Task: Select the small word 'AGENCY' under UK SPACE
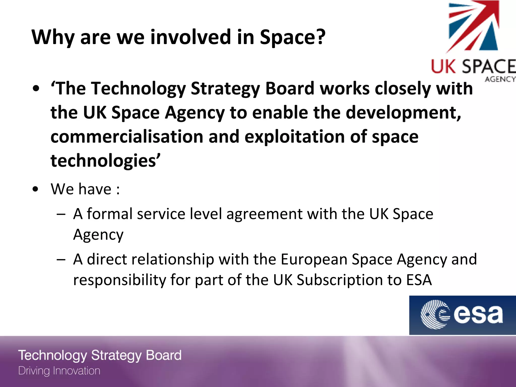500,79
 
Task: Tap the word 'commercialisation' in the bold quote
127,137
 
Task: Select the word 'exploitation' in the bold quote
295,137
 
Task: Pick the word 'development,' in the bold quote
403,113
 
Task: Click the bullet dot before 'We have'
36,189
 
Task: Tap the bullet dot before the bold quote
36,89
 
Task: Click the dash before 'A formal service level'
61,214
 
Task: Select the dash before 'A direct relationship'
61,260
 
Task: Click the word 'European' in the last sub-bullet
314,260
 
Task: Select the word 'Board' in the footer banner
164,355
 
